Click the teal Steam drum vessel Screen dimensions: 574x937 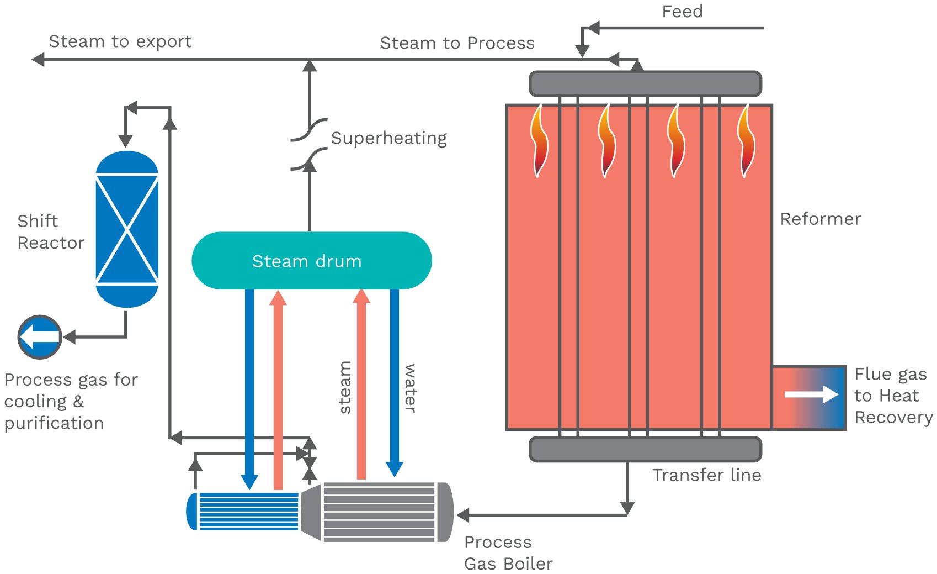[x=311, y=261]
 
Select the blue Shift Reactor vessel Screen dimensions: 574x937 [x=127, y=229]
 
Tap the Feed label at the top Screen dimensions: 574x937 [x=682, y=12]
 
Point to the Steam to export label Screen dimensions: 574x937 [x=120, y=41]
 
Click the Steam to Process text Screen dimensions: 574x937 [x=457, y=43]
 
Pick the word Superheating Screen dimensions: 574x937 [x=388, y=138]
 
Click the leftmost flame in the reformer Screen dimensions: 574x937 [x=539, y=141]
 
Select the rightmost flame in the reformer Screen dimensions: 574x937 [x=746, y=141]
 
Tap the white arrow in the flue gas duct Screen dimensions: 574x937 [x=811, y=394]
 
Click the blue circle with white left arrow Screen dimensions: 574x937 [x=40, y=336]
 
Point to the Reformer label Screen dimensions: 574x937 [x=820, y=219]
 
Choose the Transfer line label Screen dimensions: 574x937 [x=706, y=475]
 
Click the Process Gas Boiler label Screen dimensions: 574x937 [x=508, y=552]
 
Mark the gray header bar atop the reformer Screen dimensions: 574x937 [x=645, y=83]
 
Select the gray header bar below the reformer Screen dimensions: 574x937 [x=645, y=449]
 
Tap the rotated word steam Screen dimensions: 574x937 [x=345, y=387]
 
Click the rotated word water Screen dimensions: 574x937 [x=410, y=388]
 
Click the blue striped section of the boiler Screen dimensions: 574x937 [x=248, y=511]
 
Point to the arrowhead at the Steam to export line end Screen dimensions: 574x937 [x=38, y=59]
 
